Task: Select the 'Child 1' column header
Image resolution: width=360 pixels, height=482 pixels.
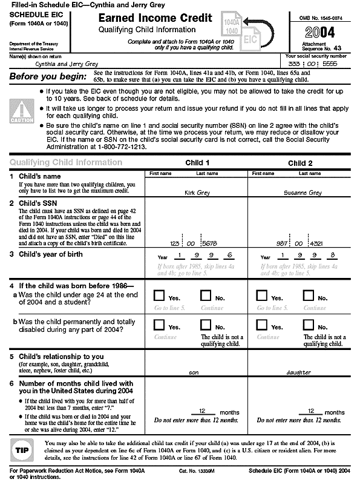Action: (198, 163)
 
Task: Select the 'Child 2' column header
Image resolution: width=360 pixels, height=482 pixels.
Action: (301, 163)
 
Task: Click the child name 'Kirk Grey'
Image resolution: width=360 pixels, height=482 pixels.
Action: (198, 192)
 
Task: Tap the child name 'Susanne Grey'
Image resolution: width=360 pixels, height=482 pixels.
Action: (301, 192)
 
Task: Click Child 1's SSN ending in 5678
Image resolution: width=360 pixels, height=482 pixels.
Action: (198, 243)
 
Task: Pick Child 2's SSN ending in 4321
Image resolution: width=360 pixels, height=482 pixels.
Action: (301, 243)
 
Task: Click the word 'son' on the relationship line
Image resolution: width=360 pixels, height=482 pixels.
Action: (194, 372)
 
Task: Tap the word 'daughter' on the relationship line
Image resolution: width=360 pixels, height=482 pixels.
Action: (299, 372)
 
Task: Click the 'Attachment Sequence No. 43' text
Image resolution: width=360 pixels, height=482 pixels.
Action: (321, 47)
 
